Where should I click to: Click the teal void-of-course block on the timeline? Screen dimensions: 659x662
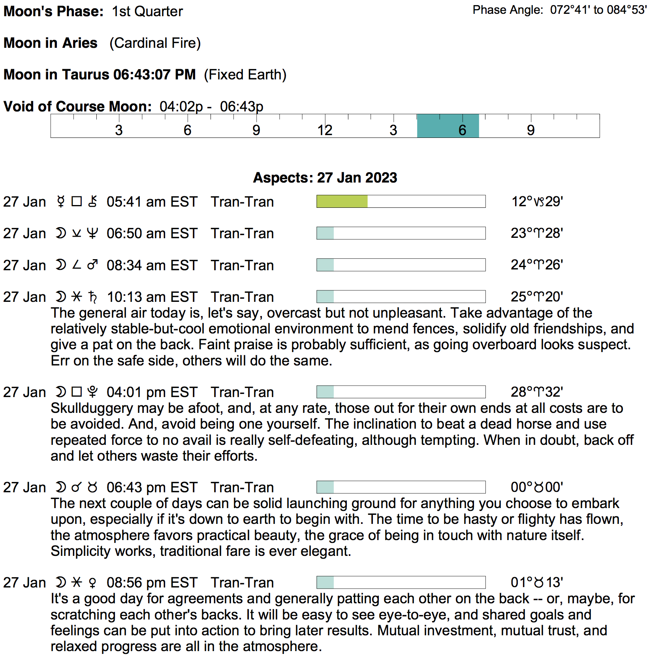(x=448, y=126)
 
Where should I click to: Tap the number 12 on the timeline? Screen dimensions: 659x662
(x=325, y=130)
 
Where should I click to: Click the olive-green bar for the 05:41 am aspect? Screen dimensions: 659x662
(x=342, y=201)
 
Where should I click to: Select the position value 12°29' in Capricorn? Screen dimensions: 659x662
(x=537, y=201)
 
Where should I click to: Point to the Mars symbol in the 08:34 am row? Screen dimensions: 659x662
(x=93, y=265)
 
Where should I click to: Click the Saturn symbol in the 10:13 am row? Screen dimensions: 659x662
(x=93, y=297)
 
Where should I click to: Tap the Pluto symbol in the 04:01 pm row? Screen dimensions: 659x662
(x=93, y=392)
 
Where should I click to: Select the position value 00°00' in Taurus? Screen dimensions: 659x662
(x=537, y=487)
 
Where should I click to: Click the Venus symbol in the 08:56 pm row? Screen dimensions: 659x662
(x=93, y=582)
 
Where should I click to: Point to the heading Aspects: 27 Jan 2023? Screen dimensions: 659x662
(x=325, y=178)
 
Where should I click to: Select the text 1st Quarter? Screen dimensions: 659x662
(x=147, y=11)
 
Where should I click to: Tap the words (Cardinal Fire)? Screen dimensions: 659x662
(x=155, y=43)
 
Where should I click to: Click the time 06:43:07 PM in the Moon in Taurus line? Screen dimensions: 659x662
(x=154, y=75)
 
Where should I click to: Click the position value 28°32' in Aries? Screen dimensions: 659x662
(x=537, y=392)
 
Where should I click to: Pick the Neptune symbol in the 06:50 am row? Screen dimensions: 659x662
(x=93, y=233)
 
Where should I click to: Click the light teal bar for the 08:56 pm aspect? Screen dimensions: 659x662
(x=325, y=582)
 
